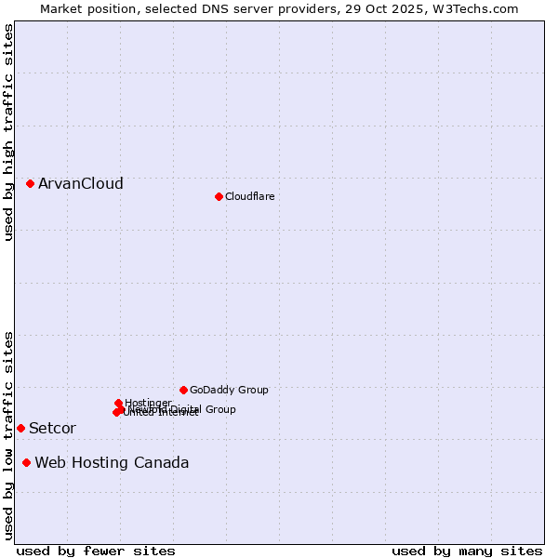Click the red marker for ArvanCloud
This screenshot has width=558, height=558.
(31, 184)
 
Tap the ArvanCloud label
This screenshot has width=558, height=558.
(80, 184)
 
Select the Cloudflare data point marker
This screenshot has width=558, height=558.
(219, 196)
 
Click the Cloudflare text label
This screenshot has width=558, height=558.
(249, 196)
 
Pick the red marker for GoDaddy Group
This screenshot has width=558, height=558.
(183, 390)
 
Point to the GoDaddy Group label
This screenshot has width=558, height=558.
(229, 390)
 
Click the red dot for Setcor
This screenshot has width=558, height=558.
(20, 428)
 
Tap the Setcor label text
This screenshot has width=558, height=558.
(52, 429)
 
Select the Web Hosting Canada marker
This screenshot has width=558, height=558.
(26, 462)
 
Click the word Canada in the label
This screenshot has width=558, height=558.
(162, 463)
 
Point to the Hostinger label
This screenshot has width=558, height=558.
(148, 403)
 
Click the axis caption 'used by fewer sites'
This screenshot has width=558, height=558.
(96, 551)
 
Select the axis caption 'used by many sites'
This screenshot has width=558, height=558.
(467, 551)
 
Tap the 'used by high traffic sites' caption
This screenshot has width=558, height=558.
(8, 132)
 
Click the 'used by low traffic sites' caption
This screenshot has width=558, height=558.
(8, 435)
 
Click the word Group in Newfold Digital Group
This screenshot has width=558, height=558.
(220, 409)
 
